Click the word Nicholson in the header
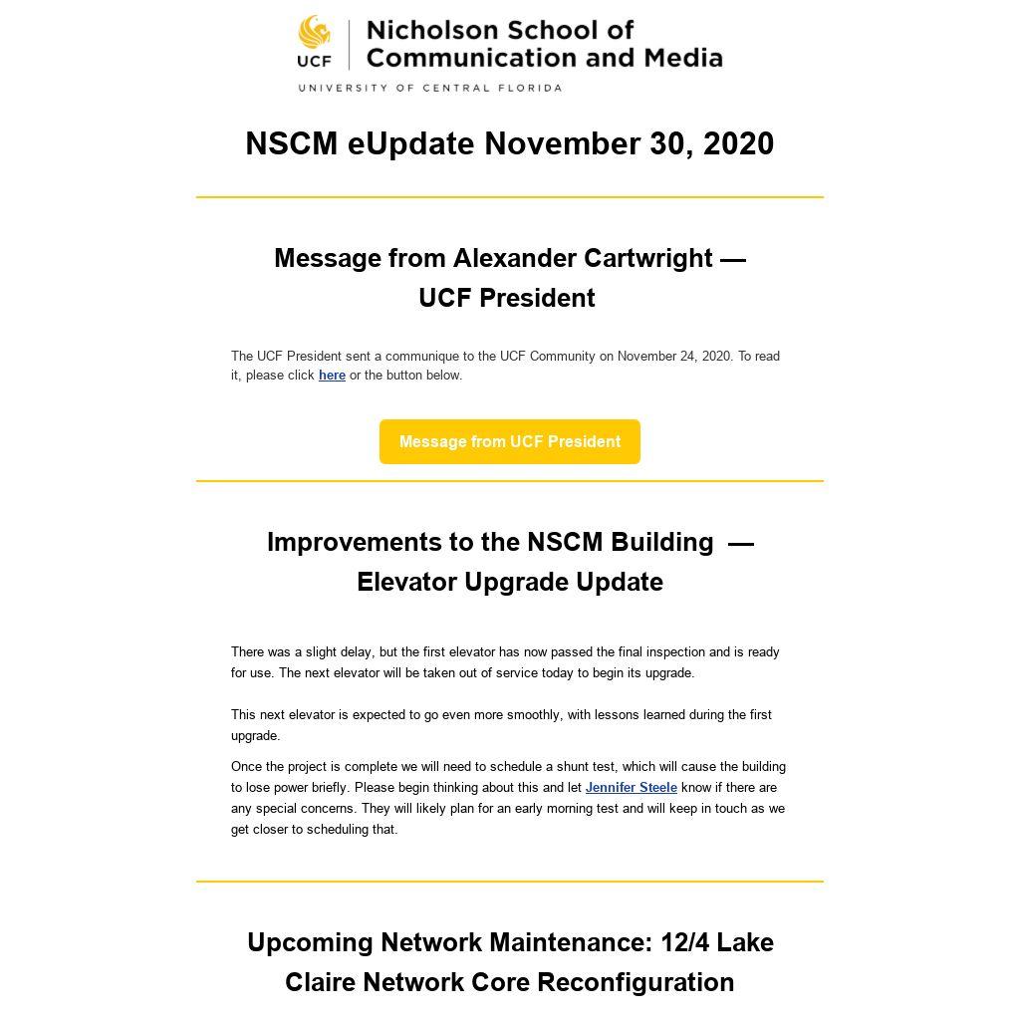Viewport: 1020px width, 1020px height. pos(430,30)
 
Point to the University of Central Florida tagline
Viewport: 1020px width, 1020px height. pos(429,88)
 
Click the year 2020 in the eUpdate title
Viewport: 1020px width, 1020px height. pos(738,143)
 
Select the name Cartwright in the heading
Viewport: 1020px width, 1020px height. pos(647,258)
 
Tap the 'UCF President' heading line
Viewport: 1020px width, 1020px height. pos(507,298)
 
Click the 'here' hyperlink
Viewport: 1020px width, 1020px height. pos(332,376)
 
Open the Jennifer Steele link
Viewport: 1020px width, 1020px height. pos(631,788)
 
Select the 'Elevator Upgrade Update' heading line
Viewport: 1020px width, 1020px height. pos(510,582)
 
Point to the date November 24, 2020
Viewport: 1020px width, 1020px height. pos(673,356)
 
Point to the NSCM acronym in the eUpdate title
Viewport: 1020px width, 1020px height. pos(292,143)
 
